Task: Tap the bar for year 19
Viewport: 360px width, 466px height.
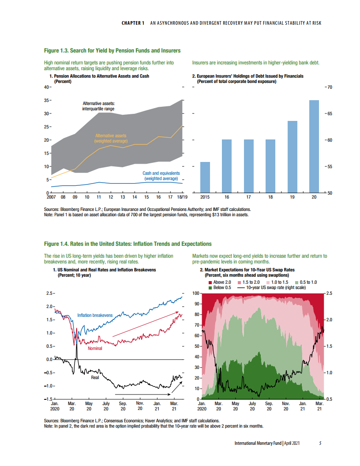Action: point(292,157)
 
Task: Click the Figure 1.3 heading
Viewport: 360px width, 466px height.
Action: point(112,51)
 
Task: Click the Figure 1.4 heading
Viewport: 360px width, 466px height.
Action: point(128,244)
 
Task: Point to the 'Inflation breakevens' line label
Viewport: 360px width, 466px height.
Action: point(95,315)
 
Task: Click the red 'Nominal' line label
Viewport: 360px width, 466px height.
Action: point(95,348)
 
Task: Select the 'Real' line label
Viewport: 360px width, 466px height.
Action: point(95,377)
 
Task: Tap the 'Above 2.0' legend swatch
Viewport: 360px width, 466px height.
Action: point(210,282)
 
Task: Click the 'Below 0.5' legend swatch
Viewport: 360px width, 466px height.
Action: point(210,288)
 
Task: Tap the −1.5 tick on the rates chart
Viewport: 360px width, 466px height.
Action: point(48,399)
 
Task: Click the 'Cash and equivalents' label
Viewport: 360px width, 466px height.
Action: point(161,176)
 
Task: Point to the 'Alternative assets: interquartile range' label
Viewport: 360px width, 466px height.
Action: point(99,105)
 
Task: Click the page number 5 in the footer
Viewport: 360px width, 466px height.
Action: point(321,443)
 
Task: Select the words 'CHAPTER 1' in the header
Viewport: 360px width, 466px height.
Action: point(133,23)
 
